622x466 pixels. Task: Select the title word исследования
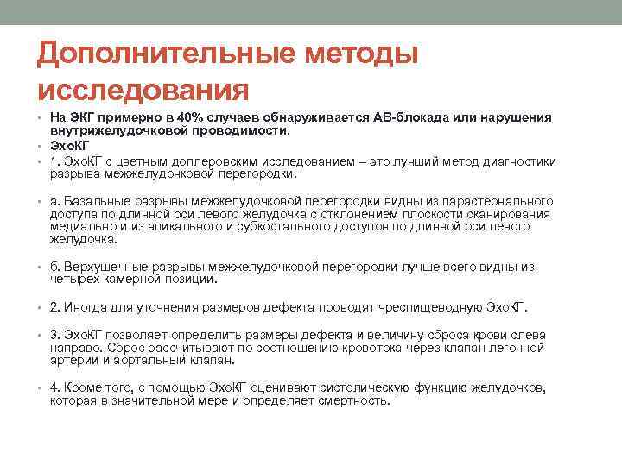tap(143, 89)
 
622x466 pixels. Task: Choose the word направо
tap(75, 348)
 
